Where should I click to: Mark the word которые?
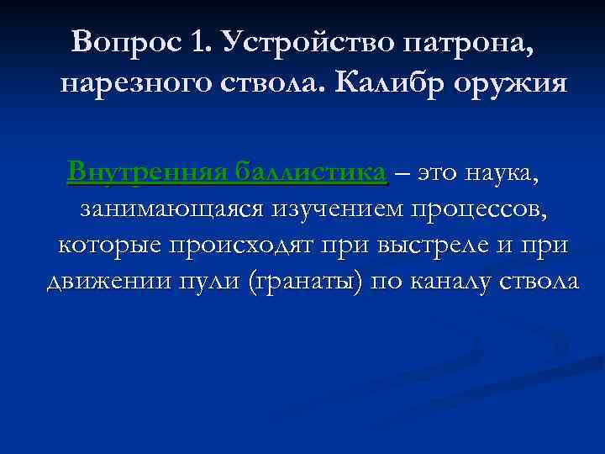click(108, 246)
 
